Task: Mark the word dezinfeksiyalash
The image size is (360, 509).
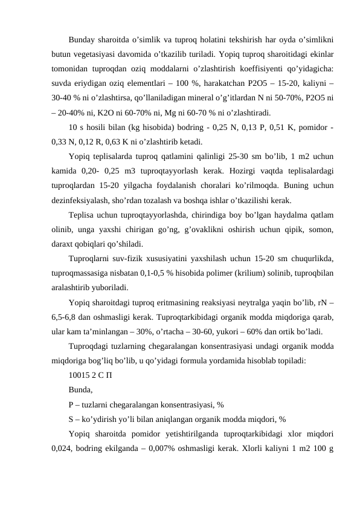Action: point(80,199)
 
